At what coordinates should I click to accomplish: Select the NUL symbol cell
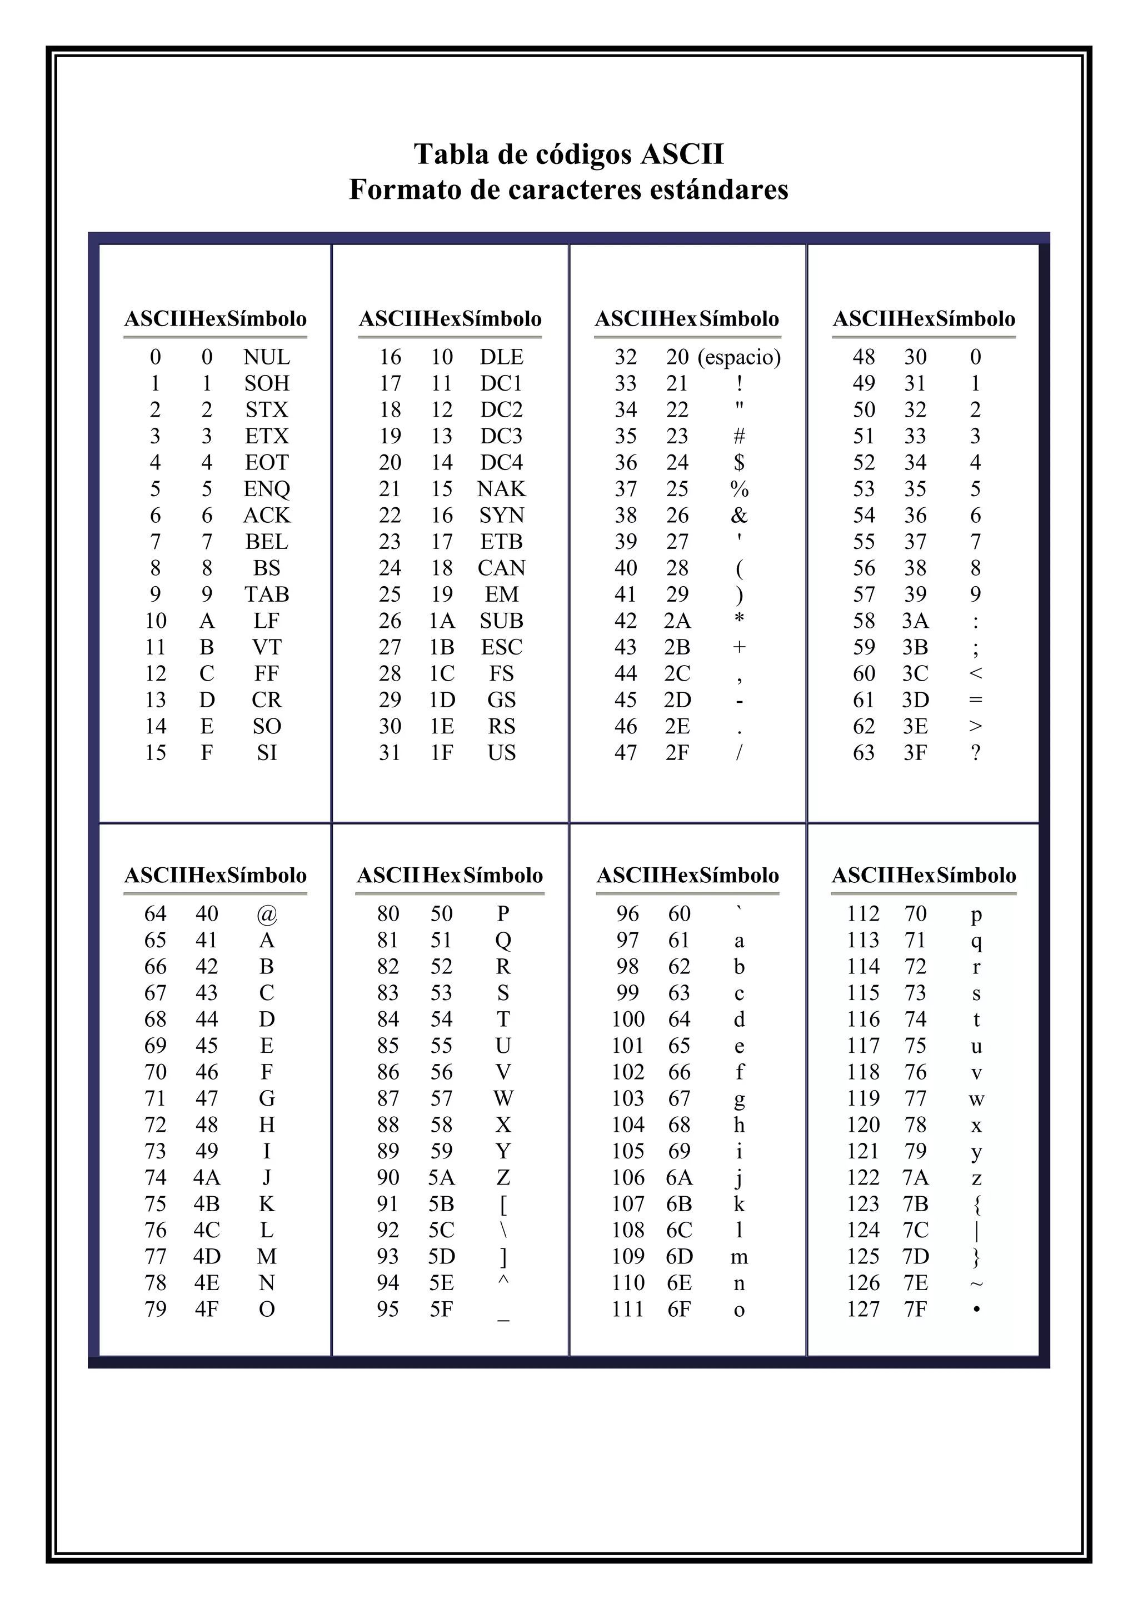point(266,357)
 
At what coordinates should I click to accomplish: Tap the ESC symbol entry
point(501,647)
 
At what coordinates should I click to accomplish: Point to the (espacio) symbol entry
point(738,357)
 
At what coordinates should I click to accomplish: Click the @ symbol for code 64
point(267,914)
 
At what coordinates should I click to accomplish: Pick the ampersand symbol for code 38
point(738,516)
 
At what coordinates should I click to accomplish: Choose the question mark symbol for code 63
point(975,753)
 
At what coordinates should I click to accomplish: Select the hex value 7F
point(915,1310)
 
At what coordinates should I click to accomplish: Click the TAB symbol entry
point(266,595)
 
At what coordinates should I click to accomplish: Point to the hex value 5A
point(441,1178)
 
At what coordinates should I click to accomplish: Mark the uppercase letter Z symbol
point(503,1178)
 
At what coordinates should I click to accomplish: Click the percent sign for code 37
point(738,489)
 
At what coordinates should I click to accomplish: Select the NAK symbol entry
point(501,489)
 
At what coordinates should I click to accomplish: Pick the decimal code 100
point(628,1020)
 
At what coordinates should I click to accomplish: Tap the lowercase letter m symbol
point(739,1257)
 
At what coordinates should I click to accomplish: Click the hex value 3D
point(915,700)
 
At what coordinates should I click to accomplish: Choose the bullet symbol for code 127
point(976,1309)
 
